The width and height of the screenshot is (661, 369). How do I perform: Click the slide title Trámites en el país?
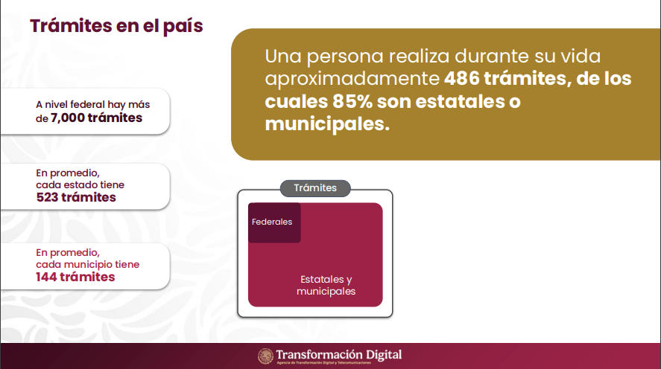click(116, 26)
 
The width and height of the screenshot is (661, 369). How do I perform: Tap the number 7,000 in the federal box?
click(68, 118)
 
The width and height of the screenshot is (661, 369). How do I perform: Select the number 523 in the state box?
click(47, 197)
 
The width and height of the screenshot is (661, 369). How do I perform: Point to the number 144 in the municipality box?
click(46, 277)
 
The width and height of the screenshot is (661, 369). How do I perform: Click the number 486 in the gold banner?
click(461, 79)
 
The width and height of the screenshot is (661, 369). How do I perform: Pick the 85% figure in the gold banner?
click(352, 101)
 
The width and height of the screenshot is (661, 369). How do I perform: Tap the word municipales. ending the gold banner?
click(327, 124)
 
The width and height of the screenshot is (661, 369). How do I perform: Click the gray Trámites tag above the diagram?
click(315, 188)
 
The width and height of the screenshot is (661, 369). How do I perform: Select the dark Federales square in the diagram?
click(274, 222)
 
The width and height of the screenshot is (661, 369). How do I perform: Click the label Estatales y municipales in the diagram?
click(326, 285)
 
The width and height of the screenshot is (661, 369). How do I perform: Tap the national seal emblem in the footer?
click(265, 356)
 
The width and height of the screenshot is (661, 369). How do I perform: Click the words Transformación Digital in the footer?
click(339, 354)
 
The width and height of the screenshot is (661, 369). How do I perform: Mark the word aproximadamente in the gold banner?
click(352, 79)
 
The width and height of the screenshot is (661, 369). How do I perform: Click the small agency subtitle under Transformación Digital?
click(323, 363)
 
